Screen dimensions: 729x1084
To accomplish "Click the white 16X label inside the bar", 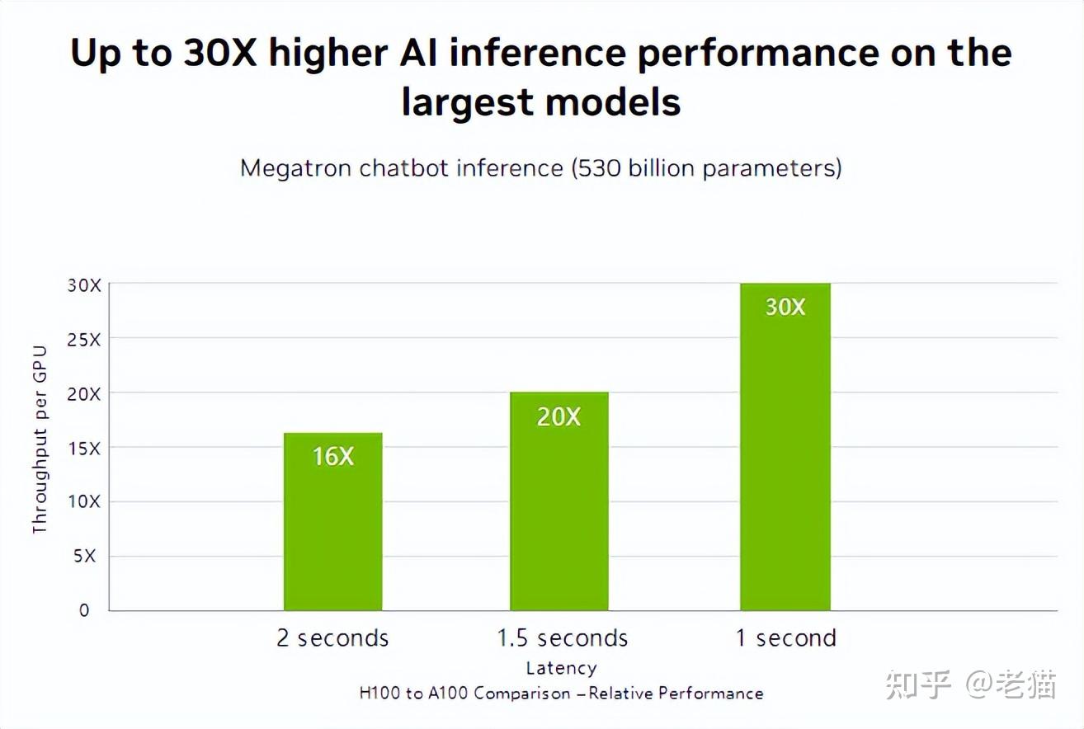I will pos(332,456).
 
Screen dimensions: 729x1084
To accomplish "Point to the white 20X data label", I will pos(558,417).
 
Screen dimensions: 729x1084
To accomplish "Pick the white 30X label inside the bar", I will pos(785,307).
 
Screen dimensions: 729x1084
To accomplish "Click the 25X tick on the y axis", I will pos(83,340).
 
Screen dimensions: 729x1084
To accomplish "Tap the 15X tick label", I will pos(83,449).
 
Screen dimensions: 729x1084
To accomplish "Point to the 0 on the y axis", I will pos(84,611).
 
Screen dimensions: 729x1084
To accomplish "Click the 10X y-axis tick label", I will pos(83,502).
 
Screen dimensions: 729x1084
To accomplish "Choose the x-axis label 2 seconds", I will pos(332,638).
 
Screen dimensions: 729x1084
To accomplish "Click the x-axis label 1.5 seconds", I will pos(562,638).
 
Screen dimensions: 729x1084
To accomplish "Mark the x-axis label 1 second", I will pos(785,638).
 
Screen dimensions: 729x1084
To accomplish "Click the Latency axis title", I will pos(561,668).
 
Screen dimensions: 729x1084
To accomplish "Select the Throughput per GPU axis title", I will pos(40,440).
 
